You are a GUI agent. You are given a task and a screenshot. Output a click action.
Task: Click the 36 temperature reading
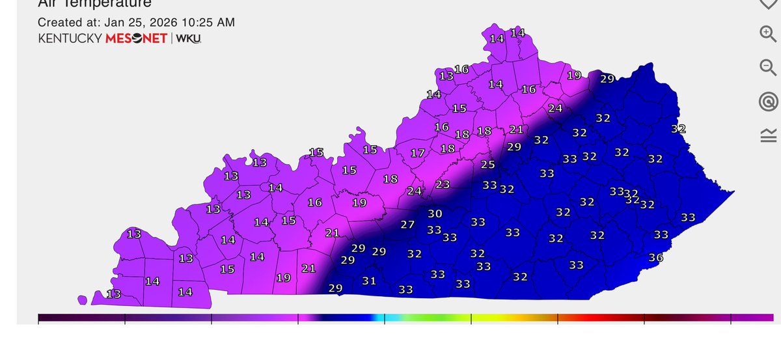656,258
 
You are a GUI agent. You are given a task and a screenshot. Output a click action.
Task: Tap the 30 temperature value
435,214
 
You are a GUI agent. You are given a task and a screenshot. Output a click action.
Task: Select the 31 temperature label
369,281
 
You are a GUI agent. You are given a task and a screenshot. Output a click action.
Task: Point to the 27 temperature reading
407,225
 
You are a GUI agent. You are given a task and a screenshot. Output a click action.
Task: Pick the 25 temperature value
487,165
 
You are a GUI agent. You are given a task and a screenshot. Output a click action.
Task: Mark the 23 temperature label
443,185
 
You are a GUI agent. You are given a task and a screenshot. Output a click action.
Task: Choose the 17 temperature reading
418,154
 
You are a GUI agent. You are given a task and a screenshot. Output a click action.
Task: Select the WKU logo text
189,38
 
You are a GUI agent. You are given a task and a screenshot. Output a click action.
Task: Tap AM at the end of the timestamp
226,23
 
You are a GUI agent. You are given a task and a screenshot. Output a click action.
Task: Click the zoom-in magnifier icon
768,33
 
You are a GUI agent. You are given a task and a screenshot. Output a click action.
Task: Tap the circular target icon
768,101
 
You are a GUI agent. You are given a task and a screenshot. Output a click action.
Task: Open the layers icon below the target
768,135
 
